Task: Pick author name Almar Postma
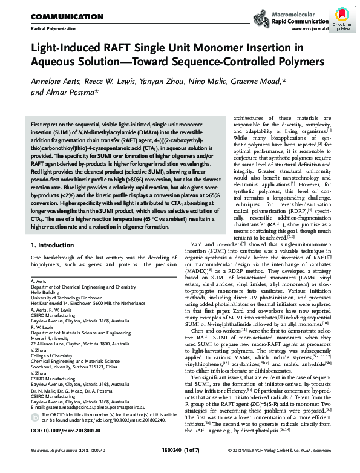pyautogui.click(x=68, y=94)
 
